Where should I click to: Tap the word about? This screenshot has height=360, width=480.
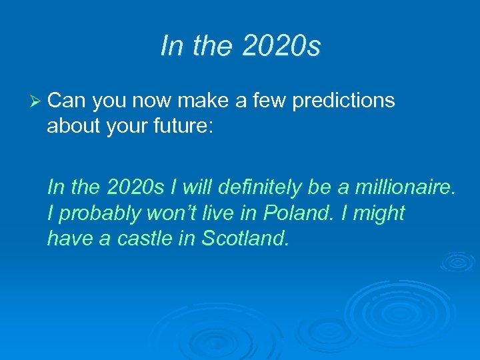72,127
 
